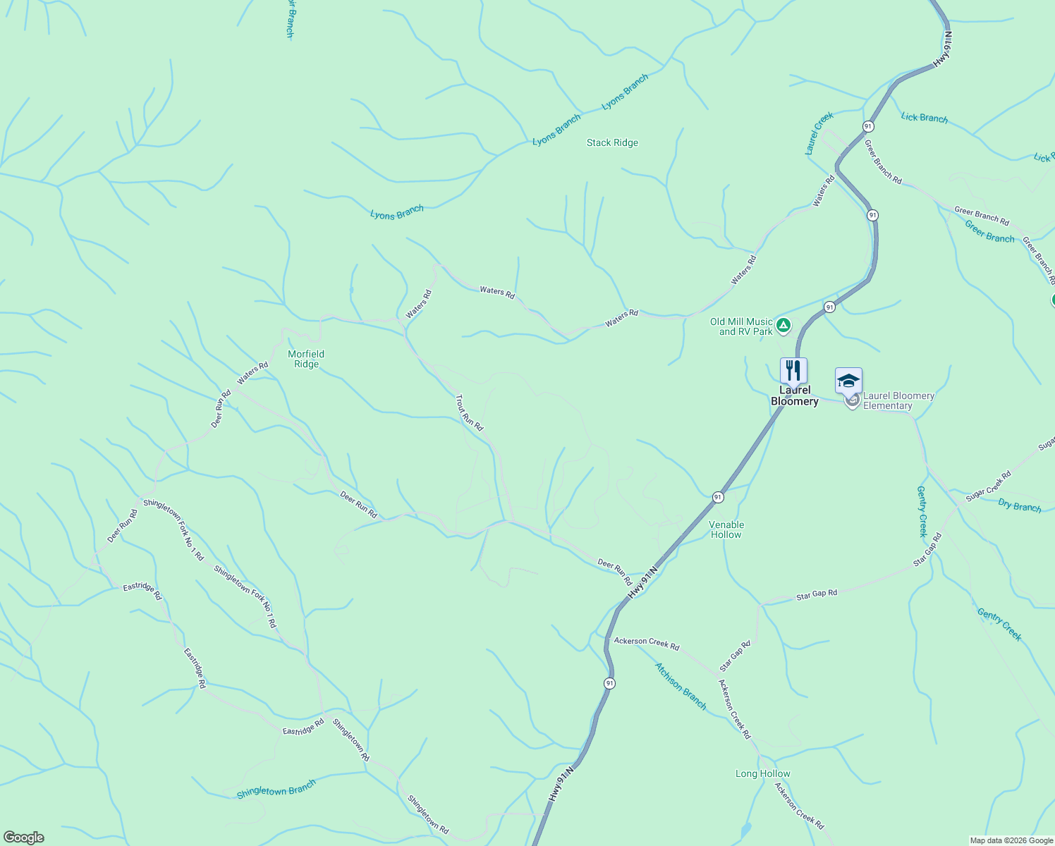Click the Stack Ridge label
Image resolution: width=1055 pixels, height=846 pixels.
tap(612, 143)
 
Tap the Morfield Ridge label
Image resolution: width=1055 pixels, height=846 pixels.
tap(306, 359)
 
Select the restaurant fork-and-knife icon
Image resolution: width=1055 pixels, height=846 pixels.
tap(793, 371)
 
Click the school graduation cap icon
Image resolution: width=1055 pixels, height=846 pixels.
tap(848, 381)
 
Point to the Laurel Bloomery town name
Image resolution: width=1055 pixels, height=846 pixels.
tap(795, 396)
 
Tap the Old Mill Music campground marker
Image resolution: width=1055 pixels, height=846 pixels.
tap(783, 326)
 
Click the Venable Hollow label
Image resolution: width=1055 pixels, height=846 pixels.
tap(726, 529)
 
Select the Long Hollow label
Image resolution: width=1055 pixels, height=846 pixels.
tap(762, 773)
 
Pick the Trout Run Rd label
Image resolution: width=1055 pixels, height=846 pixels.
tap(469, 412)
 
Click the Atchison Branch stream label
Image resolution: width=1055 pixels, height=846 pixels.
tap(681, 685)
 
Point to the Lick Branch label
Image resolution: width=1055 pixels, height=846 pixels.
tap(924, 118)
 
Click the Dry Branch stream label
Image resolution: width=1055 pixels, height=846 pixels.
tap(1020, 505)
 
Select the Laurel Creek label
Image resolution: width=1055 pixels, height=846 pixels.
tap(819, 133)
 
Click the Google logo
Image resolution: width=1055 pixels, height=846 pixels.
tap(23, 838)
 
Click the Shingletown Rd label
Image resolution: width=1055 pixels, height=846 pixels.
tap(350, 740)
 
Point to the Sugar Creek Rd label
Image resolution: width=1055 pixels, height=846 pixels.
tap(988, 486)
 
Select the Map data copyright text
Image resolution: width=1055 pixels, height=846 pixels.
tap(1011, 840)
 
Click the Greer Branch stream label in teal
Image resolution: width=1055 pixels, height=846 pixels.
tap(989, 232)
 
